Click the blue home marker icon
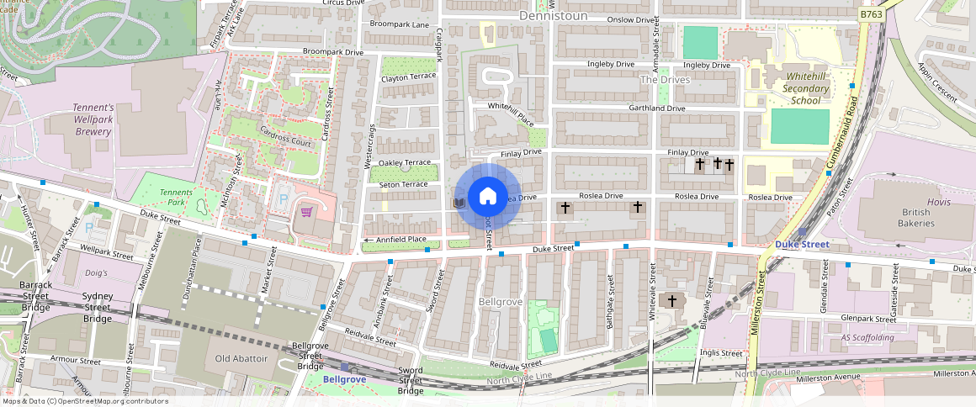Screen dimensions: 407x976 click(487, 197)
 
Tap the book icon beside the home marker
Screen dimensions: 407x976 click(459, 203)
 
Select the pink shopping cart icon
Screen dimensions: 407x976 click(307, 211)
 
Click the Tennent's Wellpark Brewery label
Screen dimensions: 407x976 click(80, 119)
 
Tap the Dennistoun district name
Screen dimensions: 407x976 click(552, 16)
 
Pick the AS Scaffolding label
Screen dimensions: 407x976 click(867, 337)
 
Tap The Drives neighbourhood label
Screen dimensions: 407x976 click(665, 80)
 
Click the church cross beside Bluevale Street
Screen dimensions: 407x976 click(671, 300)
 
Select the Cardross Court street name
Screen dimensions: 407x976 click(285, 138)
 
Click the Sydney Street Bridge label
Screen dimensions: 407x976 click(98, 308)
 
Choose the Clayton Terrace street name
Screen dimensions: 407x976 click(408, 77)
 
